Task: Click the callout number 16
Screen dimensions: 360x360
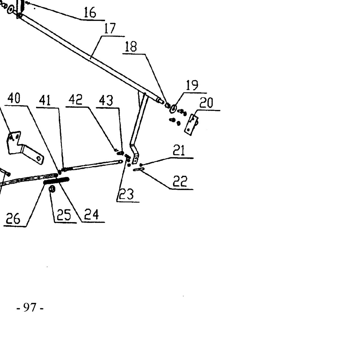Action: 90,12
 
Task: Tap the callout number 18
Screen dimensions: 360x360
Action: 131,46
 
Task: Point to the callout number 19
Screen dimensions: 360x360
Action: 192,85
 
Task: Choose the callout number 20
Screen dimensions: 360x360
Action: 206,103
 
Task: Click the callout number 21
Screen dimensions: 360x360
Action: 179,150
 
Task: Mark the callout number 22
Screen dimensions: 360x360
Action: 180,181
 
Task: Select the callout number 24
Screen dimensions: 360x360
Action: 91,214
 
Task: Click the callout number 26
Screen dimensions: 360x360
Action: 13,219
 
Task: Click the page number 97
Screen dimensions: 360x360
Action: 30,307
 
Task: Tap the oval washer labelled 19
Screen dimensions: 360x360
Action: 173,109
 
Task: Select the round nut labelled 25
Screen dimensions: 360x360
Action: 52,189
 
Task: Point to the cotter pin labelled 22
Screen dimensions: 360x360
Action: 139,169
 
